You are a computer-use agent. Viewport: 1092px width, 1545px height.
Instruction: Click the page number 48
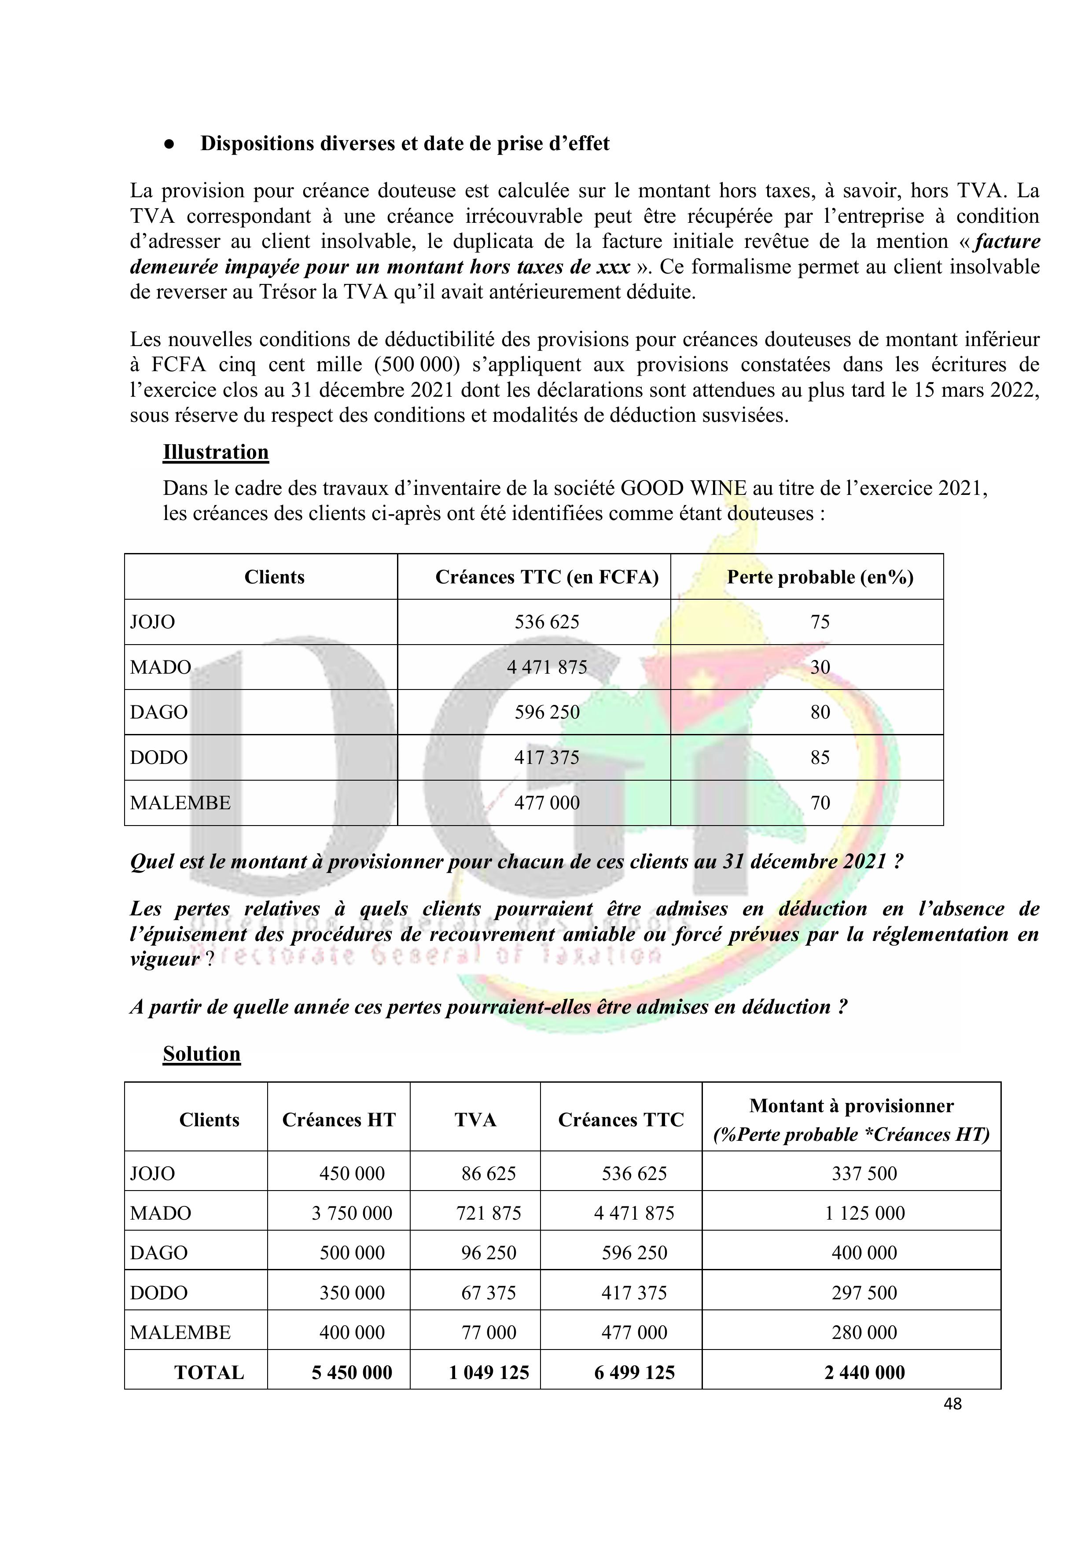coord(952,1404)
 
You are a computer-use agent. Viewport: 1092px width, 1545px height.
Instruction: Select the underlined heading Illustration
coord(215,452)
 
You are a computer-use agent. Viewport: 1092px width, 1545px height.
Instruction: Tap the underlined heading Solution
coord(201,1054)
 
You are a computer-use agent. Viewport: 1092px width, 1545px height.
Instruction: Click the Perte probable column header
coord(820,577)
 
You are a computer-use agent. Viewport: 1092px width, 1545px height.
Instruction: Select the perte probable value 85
coord(820,758)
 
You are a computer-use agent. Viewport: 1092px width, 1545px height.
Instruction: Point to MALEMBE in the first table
coord(180,803)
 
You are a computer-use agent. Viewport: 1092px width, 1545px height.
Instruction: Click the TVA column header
coord(475,1120)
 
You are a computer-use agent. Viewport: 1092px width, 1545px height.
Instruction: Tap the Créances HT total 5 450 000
coord(351,1373)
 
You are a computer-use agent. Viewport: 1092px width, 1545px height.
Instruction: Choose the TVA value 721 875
coord(489,1213)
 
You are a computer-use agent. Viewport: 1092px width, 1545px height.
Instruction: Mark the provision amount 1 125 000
coord(864,1213)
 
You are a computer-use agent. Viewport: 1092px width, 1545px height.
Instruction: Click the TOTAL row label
coord(209,1373)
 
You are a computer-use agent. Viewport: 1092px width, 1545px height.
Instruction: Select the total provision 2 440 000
coord(864,1373)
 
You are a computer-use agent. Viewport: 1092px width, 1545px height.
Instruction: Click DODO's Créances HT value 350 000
coord(351,1293)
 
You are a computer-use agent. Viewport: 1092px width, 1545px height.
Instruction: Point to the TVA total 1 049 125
coord(489,1373)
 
